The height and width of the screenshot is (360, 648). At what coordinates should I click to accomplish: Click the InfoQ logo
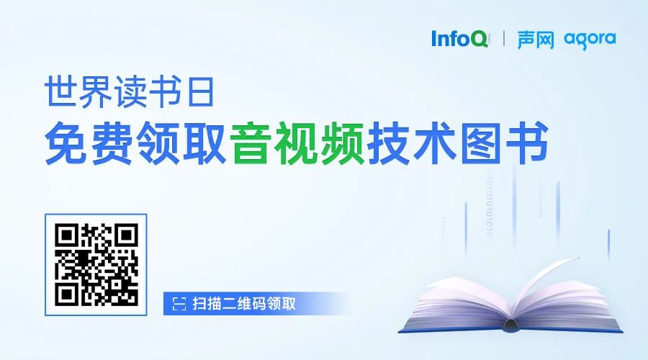click(459, 38)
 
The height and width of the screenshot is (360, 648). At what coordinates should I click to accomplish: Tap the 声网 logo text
click(536, 39)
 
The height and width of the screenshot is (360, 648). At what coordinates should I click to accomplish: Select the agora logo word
click(590, 39)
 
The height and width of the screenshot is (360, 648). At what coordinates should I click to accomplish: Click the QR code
click(96, 264)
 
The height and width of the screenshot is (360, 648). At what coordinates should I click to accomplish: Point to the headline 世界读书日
click(125, 94)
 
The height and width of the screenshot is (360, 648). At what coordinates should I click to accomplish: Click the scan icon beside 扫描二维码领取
click(178, 304)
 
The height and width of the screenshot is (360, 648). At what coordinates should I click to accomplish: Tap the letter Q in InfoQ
click(479, 38)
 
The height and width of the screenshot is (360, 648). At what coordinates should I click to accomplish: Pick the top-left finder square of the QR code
click(67, 235)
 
